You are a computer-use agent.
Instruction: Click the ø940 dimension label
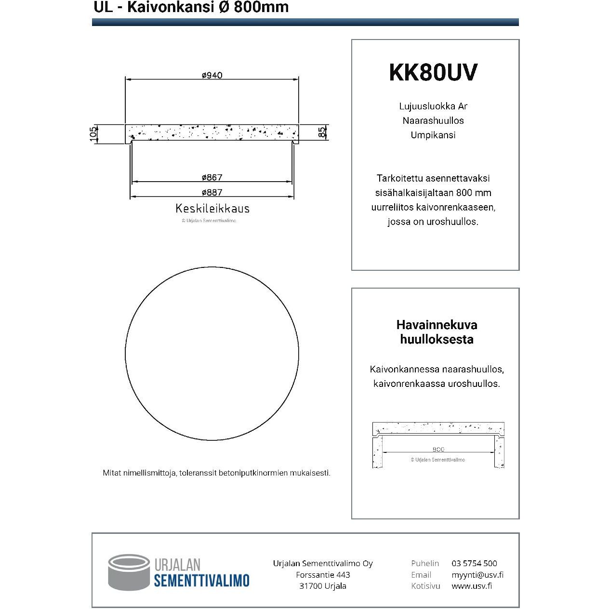212,75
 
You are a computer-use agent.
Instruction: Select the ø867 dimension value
212,177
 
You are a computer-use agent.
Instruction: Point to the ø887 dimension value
212,192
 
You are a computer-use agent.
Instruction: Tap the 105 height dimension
93,133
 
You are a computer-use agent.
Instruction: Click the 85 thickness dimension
322,132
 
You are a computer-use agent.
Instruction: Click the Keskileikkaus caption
212,209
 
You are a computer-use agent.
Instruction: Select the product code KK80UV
433,72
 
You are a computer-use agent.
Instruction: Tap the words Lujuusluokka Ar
433,106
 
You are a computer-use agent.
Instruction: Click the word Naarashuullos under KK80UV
433,120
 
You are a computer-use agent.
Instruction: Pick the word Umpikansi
433,135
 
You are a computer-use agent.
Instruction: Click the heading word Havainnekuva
437,325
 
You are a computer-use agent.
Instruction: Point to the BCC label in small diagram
438,449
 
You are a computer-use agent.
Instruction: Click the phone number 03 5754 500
474,563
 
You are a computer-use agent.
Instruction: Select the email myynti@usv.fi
477,575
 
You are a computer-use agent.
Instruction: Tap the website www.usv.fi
472,586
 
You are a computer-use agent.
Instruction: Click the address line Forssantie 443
323,575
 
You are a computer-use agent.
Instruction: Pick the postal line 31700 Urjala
323,586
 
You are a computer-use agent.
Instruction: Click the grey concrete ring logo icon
129,572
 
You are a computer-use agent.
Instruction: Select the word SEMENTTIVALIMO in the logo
201,580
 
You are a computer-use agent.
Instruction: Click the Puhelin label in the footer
425,563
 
